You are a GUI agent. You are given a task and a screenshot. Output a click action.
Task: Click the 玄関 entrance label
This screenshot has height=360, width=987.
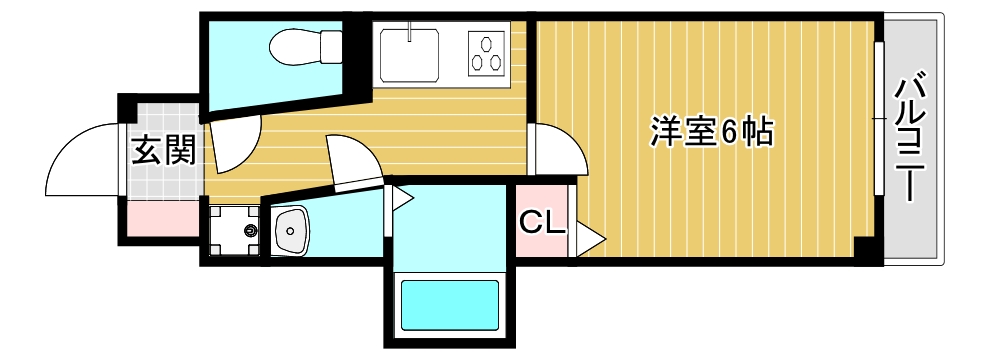[x=163, y=152]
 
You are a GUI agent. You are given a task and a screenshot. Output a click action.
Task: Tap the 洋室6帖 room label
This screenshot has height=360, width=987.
[x=712, y=132]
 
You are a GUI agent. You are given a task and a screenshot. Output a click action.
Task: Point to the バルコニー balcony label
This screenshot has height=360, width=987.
[x=912, y=139]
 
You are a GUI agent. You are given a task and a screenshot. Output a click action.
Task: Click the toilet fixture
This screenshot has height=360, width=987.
[x=305, y=46]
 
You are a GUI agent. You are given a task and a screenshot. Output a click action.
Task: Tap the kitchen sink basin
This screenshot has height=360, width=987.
[x=410, y=52]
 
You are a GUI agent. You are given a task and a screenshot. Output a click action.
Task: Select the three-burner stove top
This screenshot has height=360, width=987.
[x=487, y=52]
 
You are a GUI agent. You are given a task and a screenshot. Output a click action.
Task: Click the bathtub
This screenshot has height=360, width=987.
[x=450, y=305]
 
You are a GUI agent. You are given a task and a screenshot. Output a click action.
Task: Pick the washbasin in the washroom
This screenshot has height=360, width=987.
[x=290, y=230]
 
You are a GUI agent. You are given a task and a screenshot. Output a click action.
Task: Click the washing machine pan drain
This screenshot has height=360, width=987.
[x=251, y=231]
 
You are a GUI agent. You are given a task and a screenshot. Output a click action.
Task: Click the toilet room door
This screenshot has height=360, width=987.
[x=236, y=147]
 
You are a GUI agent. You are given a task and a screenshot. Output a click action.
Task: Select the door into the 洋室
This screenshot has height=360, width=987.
[x=558, y=149]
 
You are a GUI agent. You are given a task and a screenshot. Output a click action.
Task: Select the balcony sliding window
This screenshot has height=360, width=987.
[x=879, y=118]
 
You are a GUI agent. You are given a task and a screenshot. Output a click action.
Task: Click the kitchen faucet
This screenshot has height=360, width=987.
[x=410, y=31]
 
